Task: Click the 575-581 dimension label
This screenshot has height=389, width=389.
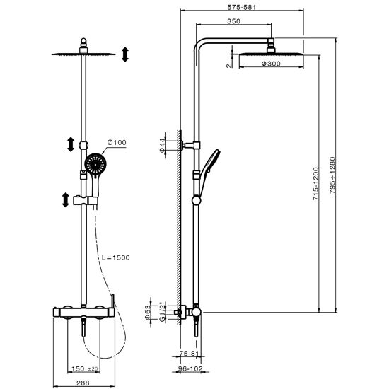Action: [241, 7]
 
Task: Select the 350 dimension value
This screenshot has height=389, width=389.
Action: [233, 21]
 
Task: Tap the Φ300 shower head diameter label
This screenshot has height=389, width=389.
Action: [271, 64]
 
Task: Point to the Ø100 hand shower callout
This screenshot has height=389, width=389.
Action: [117, 142]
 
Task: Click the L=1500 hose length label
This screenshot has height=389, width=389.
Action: [116, 257]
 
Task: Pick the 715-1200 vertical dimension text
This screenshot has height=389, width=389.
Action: [315, 184]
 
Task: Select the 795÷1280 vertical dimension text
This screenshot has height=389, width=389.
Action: [332, 175]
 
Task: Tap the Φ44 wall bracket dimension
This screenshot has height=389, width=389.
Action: [162, 145]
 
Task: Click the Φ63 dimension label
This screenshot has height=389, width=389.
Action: [147, 312]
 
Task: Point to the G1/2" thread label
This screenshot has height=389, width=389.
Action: [162, 312]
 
